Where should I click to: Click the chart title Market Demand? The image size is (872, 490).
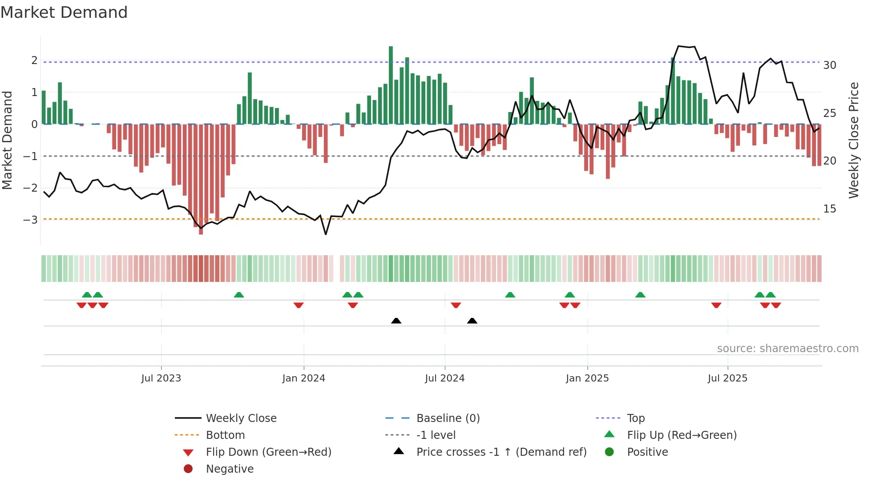[x=64, y=12]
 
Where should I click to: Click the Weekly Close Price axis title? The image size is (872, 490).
[x=854, y=140]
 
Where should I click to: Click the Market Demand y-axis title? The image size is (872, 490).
[x=7, y=140]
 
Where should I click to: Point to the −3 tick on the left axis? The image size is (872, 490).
[x=30, y=220]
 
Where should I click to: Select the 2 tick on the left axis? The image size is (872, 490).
[x=34, y=60]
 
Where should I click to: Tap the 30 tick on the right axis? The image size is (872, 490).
[x=829, y=65]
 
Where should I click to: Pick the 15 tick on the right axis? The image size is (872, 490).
[x=829, y=209]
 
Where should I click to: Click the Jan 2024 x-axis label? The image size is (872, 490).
[x=303, y=378]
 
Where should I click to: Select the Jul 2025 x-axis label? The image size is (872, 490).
[x=727, y=378]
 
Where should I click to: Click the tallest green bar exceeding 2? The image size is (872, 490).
[x=391, y=84]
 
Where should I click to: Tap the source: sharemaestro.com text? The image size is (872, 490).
[x=787, y=349]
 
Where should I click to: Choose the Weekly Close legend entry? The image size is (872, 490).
[x=241, y=418]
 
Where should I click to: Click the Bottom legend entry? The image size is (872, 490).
[x=225, y=435]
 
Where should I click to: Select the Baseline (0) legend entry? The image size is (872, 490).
[x=448, y=418]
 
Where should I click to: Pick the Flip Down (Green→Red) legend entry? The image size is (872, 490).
[x=268, y=452]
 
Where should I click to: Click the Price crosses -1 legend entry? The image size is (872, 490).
[x=501, y=452]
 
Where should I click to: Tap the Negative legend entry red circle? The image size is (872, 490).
[x=188, y=469]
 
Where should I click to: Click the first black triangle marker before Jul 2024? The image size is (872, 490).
[x=396, y=321]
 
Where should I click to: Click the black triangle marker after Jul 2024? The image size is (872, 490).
[x=472, y=321]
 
